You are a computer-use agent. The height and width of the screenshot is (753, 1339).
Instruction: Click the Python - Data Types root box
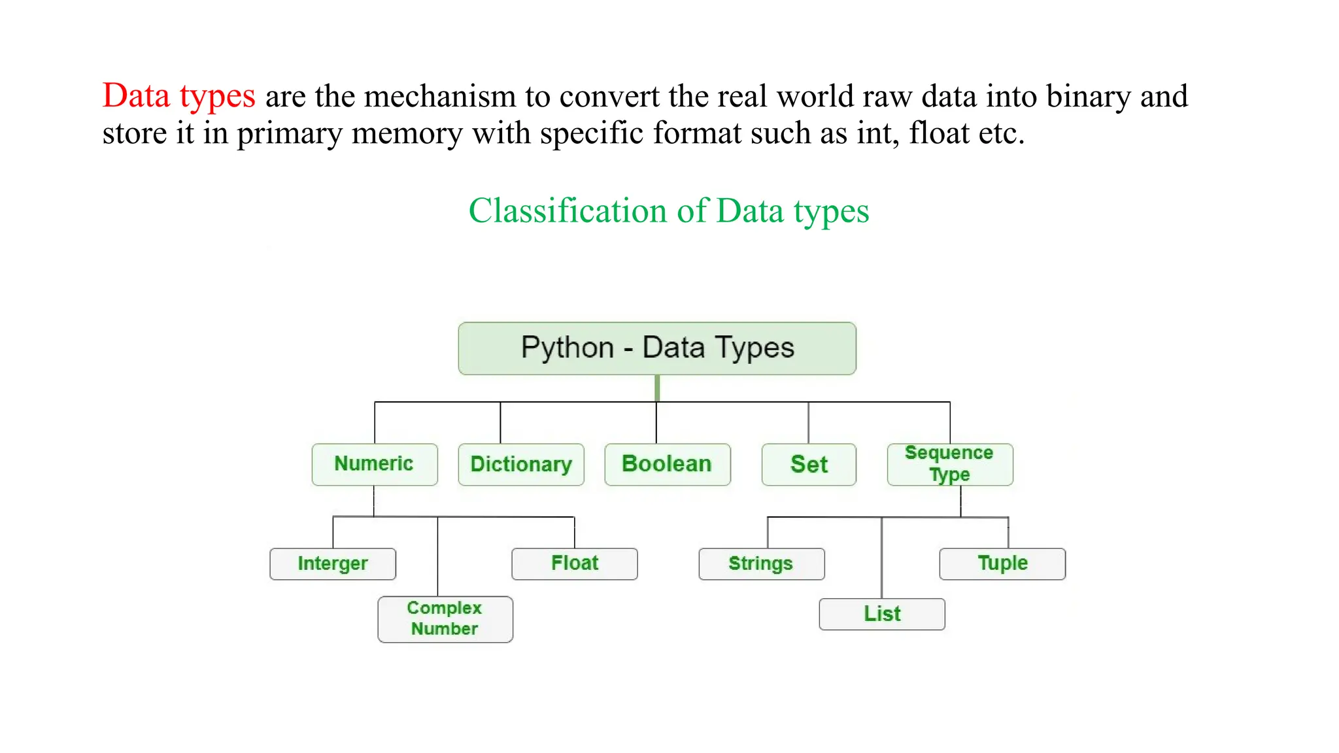[x=657, y=348]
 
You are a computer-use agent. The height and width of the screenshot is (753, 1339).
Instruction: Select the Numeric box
[x=375, y=464]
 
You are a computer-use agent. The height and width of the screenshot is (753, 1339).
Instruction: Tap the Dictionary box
[x=521, y=464]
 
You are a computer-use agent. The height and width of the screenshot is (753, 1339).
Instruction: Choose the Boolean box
[x=668, y=464]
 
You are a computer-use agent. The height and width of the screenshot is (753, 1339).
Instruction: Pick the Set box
[x=809, y=464]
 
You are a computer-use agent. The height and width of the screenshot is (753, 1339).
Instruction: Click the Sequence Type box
[x=950, y=464]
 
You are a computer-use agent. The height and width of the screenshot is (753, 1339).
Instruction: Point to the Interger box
[x=333, y=563]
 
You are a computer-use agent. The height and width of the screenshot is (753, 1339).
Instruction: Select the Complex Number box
[x=445, y=619]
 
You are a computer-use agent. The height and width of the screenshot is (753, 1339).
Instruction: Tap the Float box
[x=575, y=563]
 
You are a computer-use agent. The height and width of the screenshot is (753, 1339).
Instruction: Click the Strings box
[x=762, y=563]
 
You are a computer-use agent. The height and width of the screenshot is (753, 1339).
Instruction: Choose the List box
[x=882, y=614]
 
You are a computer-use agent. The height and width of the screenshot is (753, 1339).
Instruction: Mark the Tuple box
[x=1002, y=563]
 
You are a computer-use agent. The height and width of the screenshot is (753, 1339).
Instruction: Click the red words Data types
[x=178, y=96]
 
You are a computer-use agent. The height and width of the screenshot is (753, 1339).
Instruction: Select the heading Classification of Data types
[x=669, y=210]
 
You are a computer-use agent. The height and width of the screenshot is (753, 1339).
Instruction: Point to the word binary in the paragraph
[x=1088, y=97]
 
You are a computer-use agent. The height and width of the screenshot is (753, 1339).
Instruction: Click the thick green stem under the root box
[x=657, y=388]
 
